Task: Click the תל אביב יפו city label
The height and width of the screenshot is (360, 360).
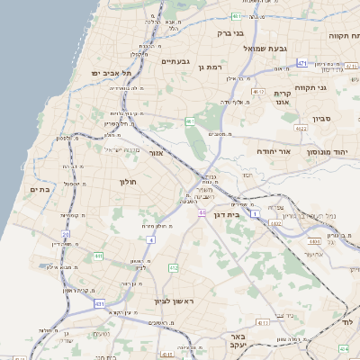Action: pos(111,72)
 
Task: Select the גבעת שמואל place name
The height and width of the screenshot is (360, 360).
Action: pos(267,48)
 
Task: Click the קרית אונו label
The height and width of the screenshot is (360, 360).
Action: pos(282,98)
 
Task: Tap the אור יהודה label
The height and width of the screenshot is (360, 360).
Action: pos(274,154)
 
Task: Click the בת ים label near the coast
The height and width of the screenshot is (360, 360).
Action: pos(39,189)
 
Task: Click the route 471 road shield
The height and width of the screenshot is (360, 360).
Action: pos(302,62)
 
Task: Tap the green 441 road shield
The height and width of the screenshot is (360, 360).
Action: pos(99,256)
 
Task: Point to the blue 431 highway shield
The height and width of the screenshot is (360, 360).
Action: pos(99,304)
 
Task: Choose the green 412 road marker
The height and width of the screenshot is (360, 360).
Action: pos(174,268)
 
